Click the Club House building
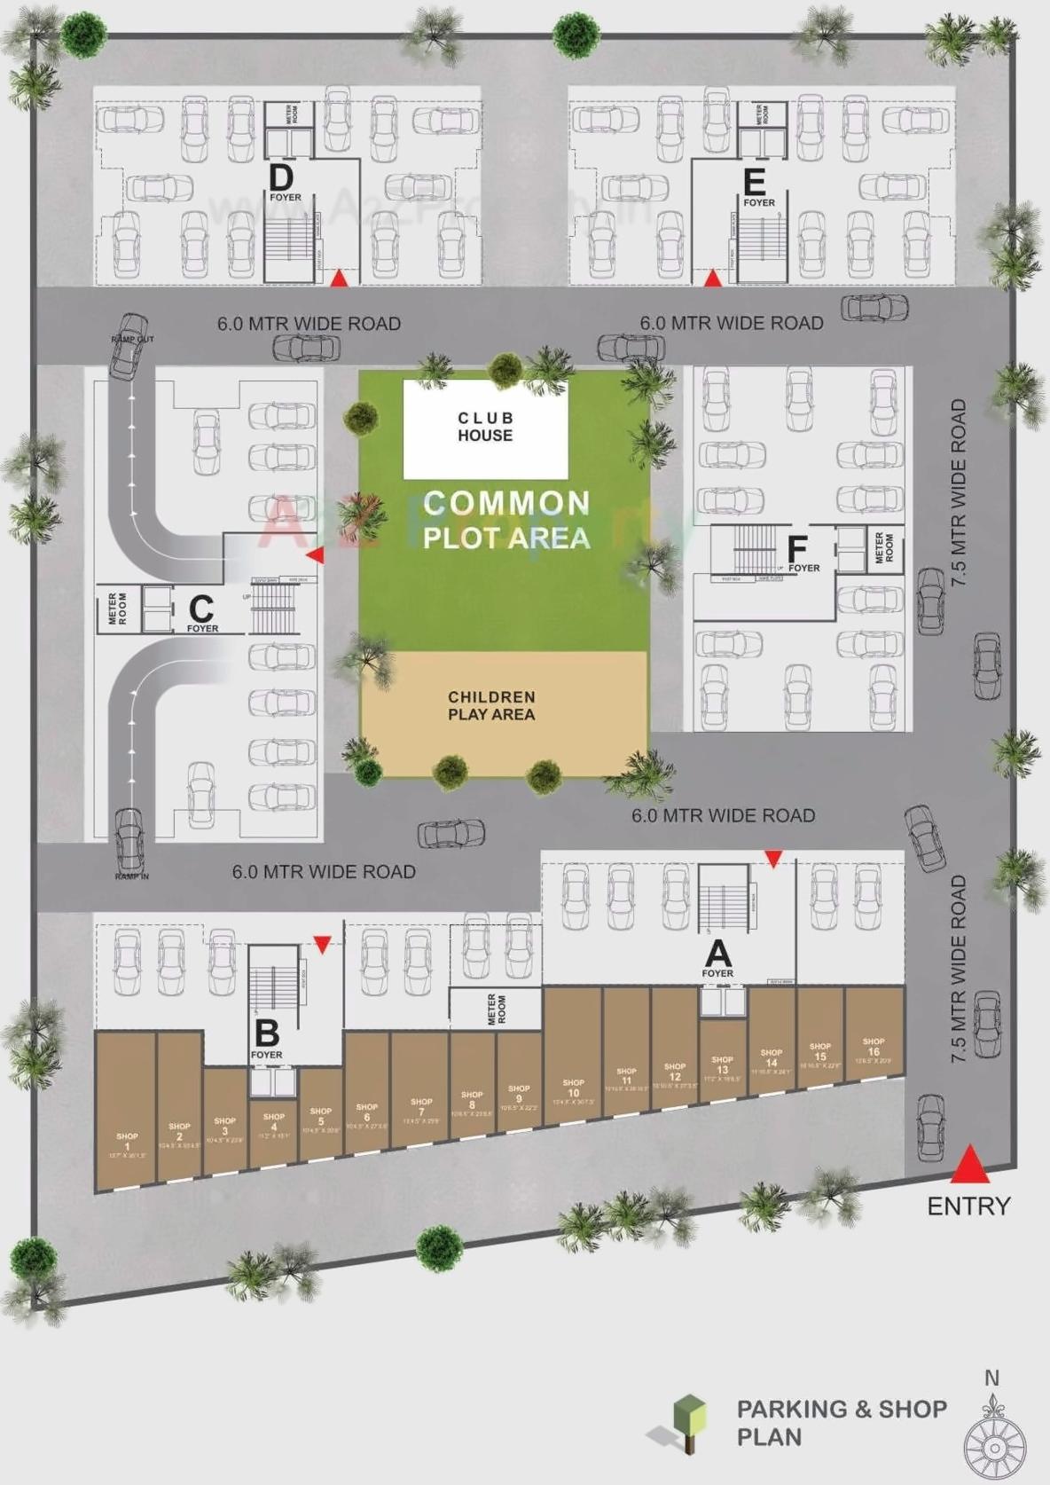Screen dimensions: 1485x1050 tap(485, 428)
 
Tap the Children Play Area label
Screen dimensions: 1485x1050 tap(491, 706)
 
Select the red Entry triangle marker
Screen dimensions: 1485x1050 tap(970, 1165)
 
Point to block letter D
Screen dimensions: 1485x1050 tap(281, 177)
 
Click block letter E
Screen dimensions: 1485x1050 tap(754, 183)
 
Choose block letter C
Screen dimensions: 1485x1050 tap(201, 609)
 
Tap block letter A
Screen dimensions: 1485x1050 tap(717, 955)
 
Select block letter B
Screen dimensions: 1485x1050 tap(267, 1033)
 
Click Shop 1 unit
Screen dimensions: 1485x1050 tap(126, 1109)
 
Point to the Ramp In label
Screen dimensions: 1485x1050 tap(131, 876)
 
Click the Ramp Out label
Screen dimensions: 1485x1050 tap(133, 340)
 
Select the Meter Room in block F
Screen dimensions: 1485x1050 tap(884, 548)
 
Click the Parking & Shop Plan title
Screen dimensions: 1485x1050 tap(841, 1422)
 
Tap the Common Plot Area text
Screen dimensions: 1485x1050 tap(506, 520)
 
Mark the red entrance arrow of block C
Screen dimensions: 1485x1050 tap(315, 555)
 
